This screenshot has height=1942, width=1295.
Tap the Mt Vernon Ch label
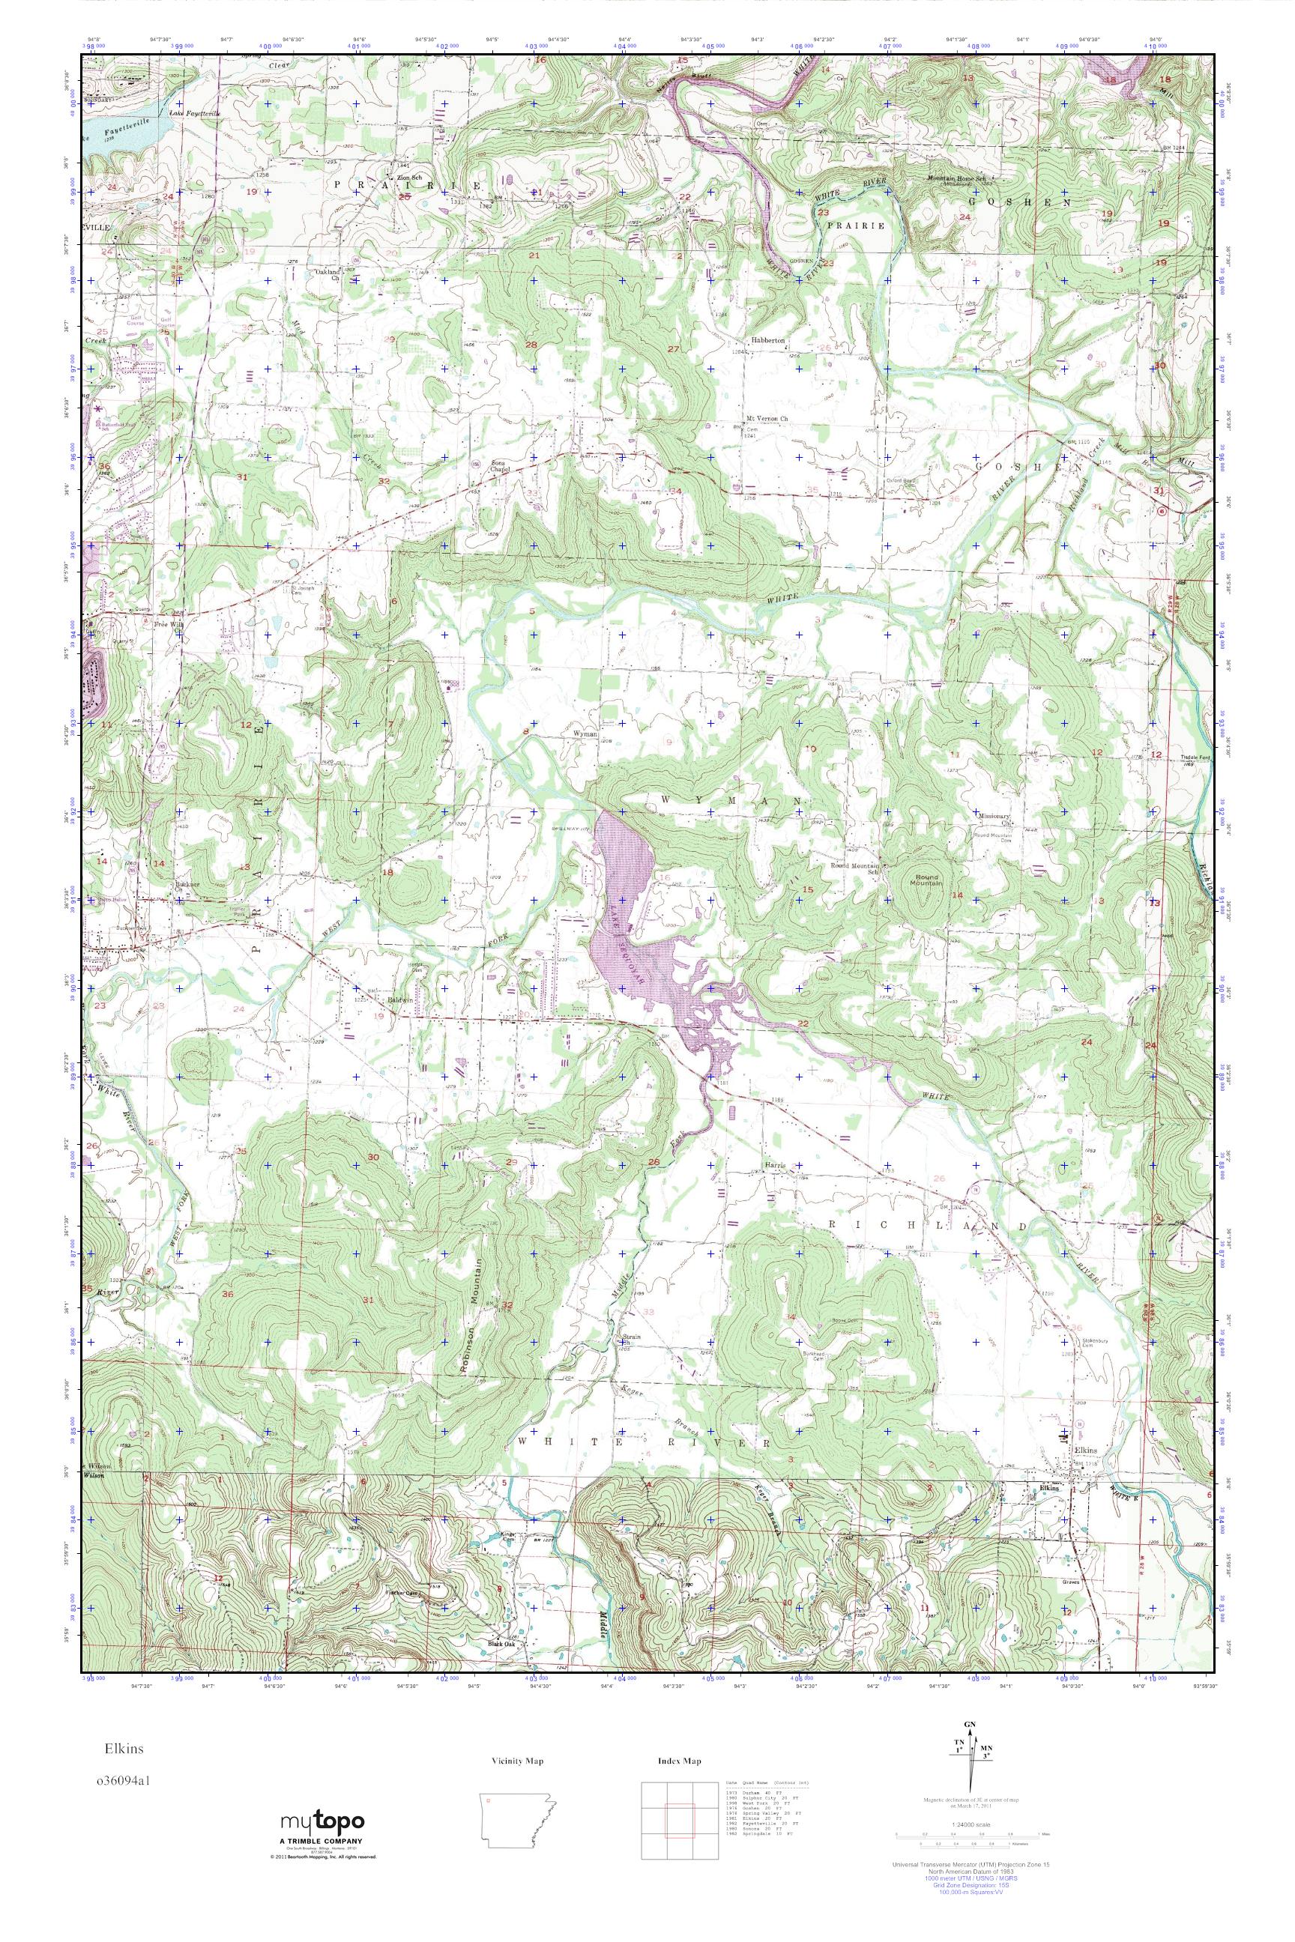coord(768,419)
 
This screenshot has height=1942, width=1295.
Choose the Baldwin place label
coord(400,1000)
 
